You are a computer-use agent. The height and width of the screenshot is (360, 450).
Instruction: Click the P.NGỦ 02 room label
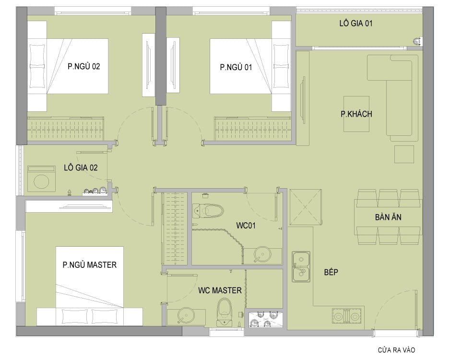coord(84,66)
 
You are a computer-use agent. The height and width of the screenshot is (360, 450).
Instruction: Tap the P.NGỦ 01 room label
coord(236,67)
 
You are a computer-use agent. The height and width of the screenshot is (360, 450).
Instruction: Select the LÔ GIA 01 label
coord(356,23)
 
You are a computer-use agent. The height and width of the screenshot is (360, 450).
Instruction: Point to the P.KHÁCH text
coord(356,114)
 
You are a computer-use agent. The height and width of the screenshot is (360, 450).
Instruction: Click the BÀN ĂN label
coord(388,217)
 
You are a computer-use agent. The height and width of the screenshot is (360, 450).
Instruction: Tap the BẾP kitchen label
coord(331,272)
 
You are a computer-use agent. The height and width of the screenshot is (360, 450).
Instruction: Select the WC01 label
coord(246,225)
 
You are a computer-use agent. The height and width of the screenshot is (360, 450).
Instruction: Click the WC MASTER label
coord(220,290)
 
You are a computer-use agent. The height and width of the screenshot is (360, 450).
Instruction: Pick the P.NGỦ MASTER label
coord(90,264)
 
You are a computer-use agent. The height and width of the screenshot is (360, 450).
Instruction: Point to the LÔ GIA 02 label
coord(81,168)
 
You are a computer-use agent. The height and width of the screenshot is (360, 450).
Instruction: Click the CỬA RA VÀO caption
coord(396,350)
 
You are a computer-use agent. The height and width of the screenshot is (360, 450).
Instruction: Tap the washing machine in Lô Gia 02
coord(42,179)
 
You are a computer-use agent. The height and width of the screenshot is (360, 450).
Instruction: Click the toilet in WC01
coord(208,210)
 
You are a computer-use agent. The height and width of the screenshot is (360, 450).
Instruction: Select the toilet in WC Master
coord(225,312)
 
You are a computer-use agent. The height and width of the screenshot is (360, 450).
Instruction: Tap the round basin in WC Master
coord(186,316)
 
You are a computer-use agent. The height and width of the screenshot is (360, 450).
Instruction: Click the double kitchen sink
coord(301,267)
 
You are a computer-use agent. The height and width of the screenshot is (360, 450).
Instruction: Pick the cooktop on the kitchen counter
coord(347,316)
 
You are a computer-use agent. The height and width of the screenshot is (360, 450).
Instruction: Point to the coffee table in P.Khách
coord(356,114)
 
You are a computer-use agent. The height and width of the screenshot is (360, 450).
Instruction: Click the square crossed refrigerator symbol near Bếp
coord(305,207)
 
